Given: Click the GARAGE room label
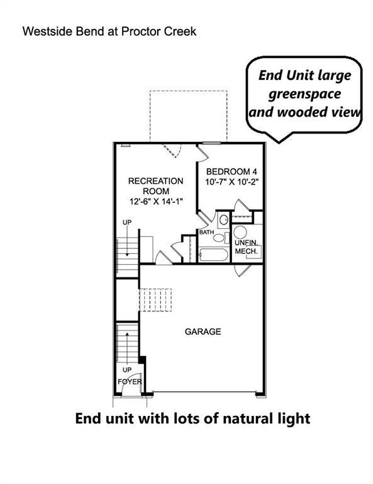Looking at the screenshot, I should click(x=203, y=331).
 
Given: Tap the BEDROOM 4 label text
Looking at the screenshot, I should click(x=232, y=171).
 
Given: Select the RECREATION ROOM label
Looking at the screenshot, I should click(x=155, y=186).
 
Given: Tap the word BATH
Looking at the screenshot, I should click(x=207, y=233).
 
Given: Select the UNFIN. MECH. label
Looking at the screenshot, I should click(x=246, y=247).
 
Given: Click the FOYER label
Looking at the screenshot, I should click(x=130, y=382).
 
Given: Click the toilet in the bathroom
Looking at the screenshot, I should click(x=223, y=221).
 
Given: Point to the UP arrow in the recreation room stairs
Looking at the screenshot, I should click(x=126, y=243).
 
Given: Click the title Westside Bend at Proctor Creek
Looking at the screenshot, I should click(x=109, y=31).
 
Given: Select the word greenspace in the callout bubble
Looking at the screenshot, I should click(x=305, y=94).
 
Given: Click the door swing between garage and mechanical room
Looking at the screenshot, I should click(x=242, y=270).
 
